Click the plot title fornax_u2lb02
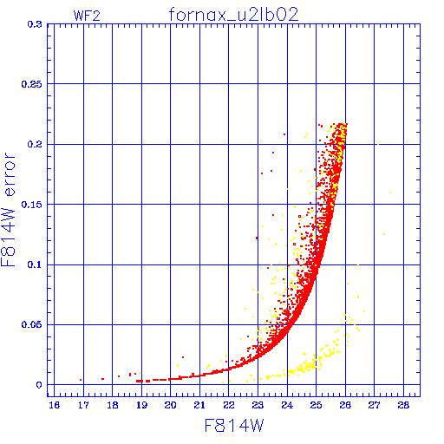tap(233, 15)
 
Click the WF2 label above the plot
tap(87, 16)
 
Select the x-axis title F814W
tap(234, 426)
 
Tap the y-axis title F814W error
tap(8, 209)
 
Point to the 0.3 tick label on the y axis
tap(35, 24)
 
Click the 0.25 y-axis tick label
tap(31, 84)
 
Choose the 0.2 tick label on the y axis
tap(35, 144)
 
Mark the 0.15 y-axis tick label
tap(31, 205)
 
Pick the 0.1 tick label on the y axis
tap(35, 264)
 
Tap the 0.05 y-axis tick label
tap(31, 324)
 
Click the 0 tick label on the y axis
tap(39, 385)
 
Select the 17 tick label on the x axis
tap(83, 405)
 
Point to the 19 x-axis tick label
tap(141, 405)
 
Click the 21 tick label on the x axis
tap(199, 405)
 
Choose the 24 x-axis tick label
tap(287, 405)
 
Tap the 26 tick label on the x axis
tap(345, 405)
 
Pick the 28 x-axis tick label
tap(403, 405)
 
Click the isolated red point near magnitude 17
tap(81, 380)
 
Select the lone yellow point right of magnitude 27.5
tap(390, 193)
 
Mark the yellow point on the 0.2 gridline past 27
tap(378, 144)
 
